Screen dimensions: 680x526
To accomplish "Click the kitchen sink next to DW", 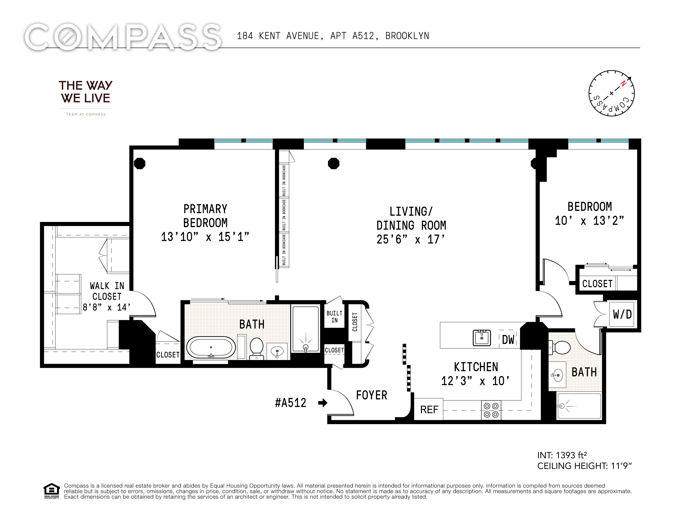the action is (x=482, y=338).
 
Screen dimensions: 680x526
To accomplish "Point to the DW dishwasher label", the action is (x=508, y=339).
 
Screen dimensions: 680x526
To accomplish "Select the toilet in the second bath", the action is (x=559, y=347).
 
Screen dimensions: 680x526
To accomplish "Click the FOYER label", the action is (x=371, y=395).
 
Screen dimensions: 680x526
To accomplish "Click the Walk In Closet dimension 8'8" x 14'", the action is (x=106, y=307).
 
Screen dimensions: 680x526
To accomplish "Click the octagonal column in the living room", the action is (x=333, y=163).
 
